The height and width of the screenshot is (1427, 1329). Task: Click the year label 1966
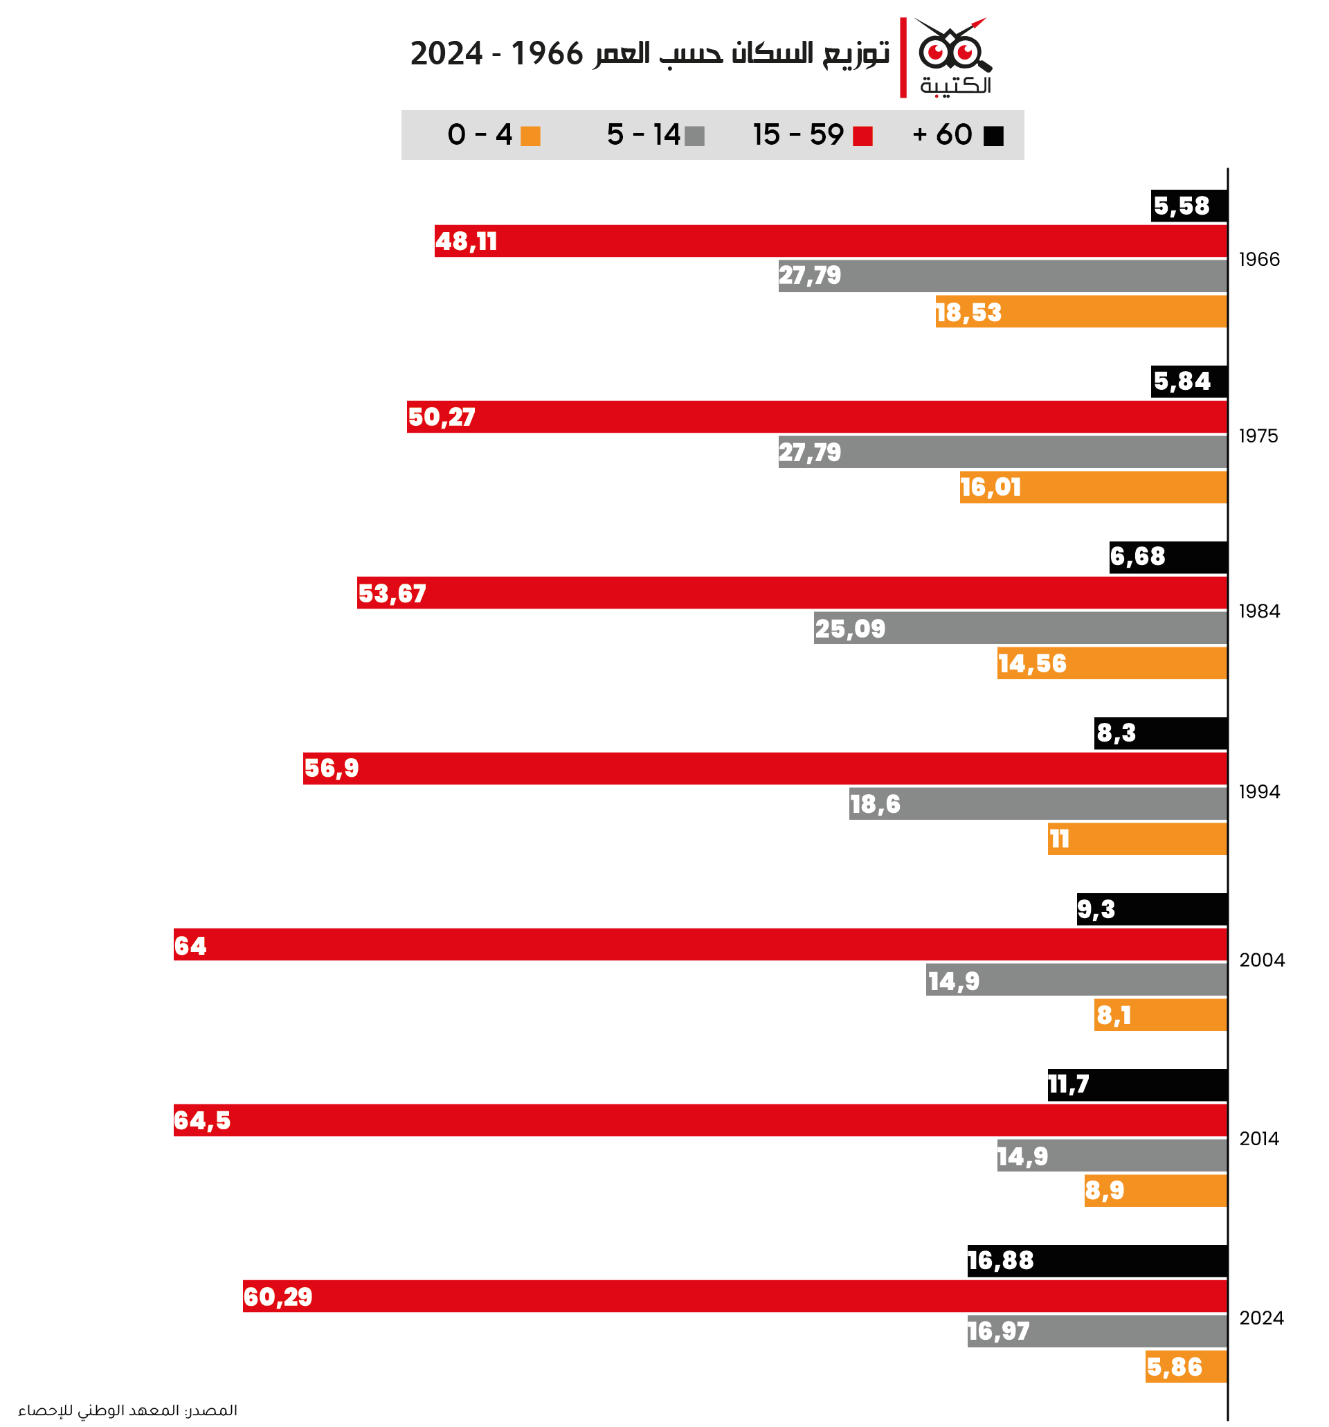coord(1258,259)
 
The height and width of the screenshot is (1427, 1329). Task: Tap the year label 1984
coord(1258,611)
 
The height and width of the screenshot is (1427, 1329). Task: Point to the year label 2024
coord(1261,1318)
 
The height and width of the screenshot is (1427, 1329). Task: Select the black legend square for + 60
coord(993,136)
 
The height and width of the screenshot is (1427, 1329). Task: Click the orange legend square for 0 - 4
coord(530,136)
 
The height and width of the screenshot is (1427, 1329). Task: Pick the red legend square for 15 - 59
coord(862,136)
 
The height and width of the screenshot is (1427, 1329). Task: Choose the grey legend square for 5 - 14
coord(694,136)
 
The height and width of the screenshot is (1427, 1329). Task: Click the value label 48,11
coord(466,241)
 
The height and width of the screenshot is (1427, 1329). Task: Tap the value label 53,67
coord(392,593)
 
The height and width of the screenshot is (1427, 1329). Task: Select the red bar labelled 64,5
coord(700,1120)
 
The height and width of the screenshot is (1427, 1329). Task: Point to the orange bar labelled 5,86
coord(1186,1367)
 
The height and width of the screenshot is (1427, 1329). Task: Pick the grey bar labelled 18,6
coord(1038,804)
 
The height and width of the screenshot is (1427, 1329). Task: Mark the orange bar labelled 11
coord(1137,839)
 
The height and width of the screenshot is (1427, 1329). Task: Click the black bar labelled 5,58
coord(1188,206)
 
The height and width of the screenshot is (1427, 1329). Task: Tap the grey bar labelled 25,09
coord(1020,628)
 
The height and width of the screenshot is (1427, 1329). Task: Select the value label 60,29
coord(278,1297)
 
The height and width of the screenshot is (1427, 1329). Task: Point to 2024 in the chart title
coord(446,54)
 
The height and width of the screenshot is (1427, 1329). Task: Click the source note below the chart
coord(128,1410)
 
